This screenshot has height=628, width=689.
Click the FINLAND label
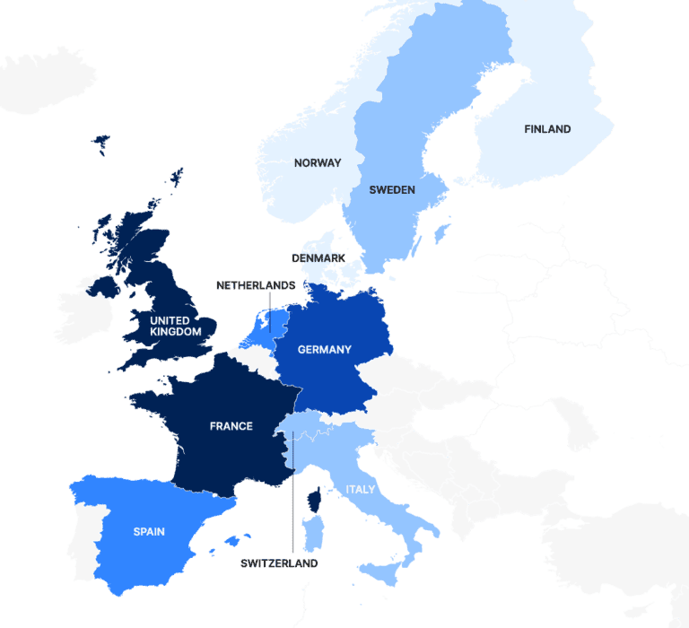[x=547, y=129]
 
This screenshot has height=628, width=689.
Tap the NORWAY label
[x=318, y=163]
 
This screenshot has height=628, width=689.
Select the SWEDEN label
[x=392, y=190]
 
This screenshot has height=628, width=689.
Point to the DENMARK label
[x=318, y=258]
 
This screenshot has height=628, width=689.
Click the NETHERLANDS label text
[x=256, y=285]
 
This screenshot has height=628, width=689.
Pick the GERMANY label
[x=325, y=350]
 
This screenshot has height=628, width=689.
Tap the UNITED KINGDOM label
[x=170, y=326]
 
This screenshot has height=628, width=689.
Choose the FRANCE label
[x=231, y=426]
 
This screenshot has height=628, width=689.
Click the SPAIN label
[x=149, y=532]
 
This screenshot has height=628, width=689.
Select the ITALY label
[x=361, y=490]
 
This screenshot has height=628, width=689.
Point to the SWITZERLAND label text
[x=279, y=563]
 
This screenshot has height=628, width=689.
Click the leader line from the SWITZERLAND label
[x=292, y=502]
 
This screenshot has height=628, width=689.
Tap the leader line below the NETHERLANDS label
[x=270, y=314]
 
